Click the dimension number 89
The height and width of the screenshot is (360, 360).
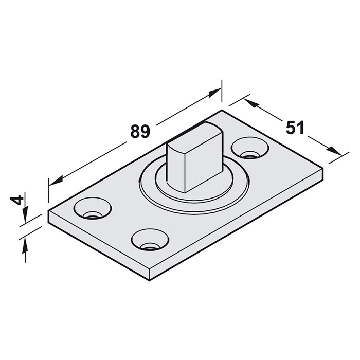click(140, 131)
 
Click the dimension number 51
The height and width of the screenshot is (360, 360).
click(295, 127)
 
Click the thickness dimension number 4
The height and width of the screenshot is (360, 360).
click(17, 200)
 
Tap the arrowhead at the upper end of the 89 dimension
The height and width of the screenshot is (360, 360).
click(214, 93)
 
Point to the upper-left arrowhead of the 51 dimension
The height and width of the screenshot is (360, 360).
click(250, 103)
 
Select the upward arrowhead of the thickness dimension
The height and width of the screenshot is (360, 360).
click(25, 245)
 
